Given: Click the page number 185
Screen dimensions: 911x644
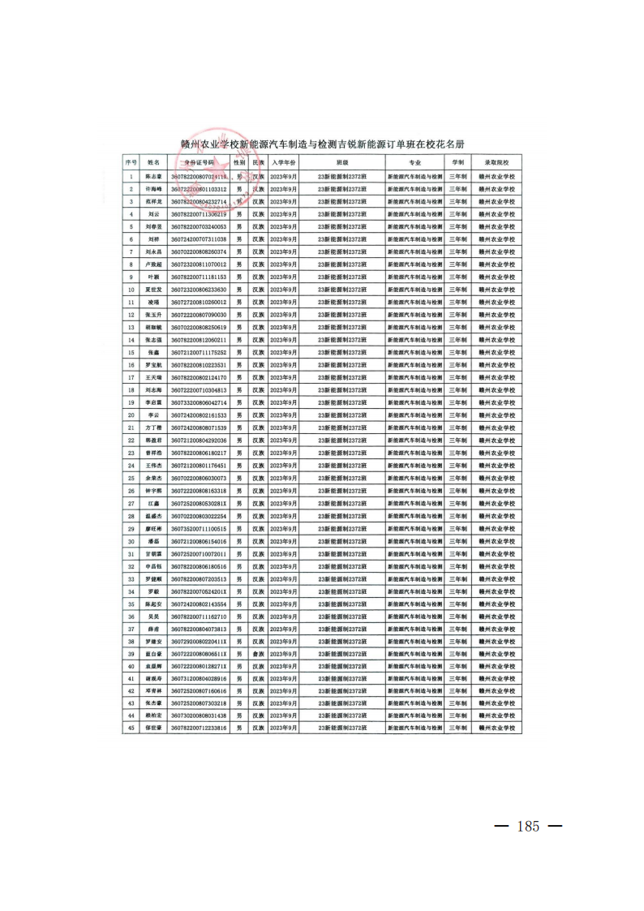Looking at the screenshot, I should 527,827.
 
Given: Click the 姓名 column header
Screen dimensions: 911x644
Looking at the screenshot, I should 153,163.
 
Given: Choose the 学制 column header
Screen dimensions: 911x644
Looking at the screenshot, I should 457,163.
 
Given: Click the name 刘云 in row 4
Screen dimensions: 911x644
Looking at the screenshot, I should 153,214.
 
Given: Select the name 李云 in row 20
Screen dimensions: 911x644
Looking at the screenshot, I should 153,415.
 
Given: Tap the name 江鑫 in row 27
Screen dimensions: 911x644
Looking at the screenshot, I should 153,503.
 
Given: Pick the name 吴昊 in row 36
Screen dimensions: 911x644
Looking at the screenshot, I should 153,617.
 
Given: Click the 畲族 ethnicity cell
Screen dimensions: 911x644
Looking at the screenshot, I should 258,654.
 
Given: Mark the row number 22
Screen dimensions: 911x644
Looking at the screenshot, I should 130,440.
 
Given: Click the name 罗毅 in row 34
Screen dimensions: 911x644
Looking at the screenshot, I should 153,591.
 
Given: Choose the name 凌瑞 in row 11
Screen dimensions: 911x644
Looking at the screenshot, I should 153,302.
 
